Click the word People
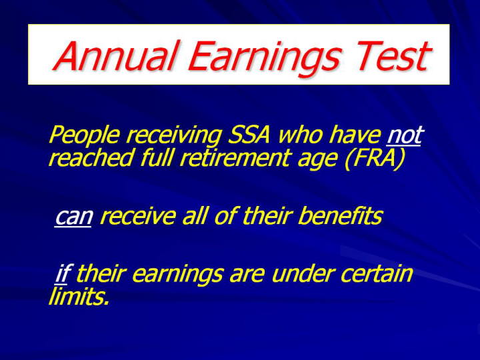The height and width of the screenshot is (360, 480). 83,135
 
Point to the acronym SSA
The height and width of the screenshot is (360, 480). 249,135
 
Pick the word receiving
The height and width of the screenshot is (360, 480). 173,136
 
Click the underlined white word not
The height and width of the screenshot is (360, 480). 404,135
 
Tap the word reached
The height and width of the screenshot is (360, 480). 91,157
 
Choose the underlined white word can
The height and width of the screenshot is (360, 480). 73,217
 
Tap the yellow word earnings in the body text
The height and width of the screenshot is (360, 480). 177,275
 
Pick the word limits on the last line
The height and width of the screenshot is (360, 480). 79,296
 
